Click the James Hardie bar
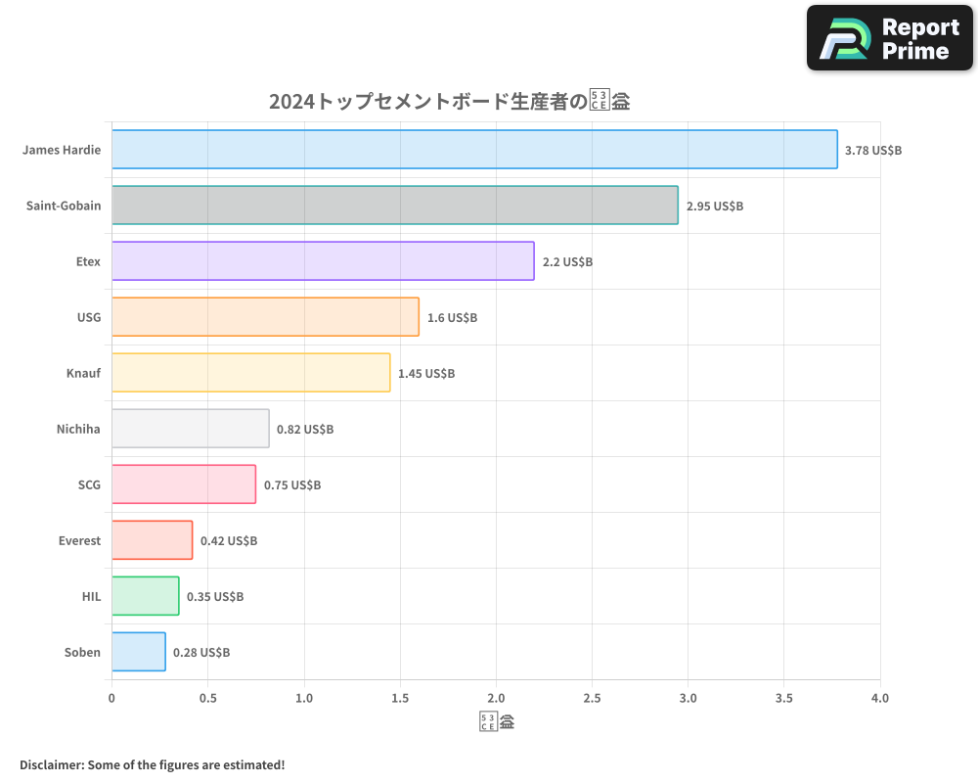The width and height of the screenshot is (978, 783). [x=474, y=150]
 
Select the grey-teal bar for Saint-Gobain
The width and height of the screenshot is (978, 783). [x=394, y=206]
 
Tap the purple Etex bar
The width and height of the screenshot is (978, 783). [x=323, y=261]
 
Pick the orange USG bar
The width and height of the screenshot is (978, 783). [x=265, y=317]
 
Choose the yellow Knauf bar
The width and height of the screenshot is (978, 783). [x=250, y=373]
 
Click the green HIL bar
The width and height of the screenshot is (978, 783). [x=145, y=596]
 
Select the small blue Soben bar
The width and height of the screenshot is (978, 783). [x=138, y=652]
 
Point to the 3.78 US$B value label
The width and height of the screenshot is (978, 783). [x=873, y=151]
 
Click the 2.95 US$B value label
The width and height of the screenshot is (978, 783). [x=715, y=207]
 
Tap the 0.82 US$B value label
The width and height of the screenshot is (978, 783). [x=305, y=430]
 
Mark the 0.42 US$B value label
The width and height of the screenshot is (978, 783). [x=229, y=541]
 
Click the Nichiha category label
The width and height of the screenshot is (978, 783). [x=78, y=429]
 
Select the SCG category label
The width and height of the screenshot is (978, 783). [x=89, y=484]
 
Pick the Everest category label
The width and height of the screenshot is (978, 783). [x=78, y=540]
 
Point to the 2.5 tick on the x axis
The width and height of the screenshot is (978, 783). [x=592, y=699]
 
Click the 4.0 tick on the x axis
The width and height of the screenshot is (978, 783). [x=880, y=699]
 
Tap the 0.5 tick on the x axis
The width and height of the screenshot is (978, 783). [x=207, y=699]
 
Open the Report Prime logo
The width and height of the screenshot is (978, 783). [x=890, y=38]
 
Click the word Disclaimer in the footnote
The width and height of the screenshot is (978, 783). [x=51, y=764]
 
